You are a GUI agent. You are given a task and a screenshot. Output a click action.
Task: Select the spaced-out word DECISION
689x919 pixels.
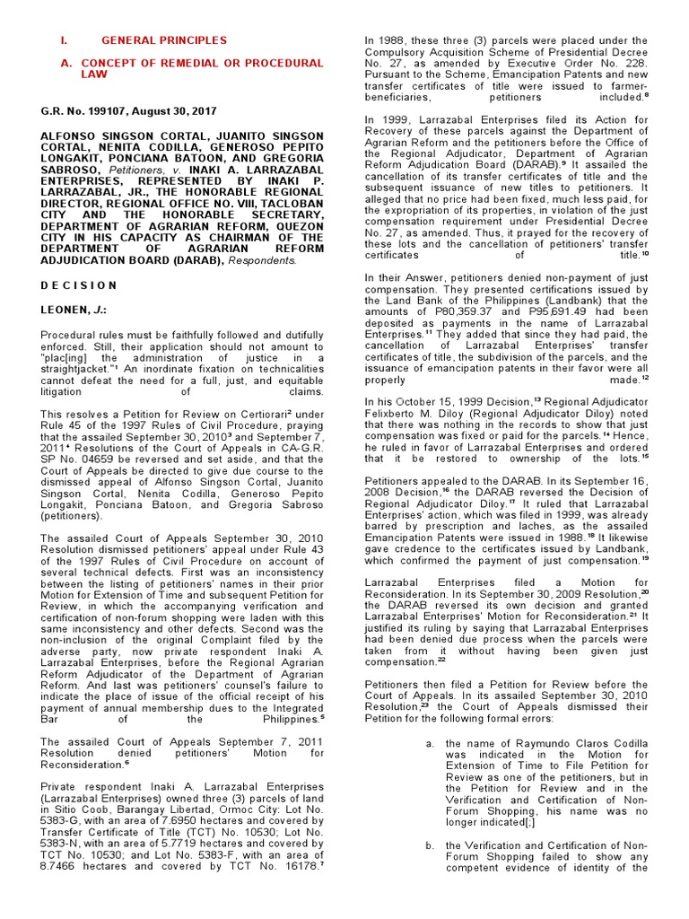79,285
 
